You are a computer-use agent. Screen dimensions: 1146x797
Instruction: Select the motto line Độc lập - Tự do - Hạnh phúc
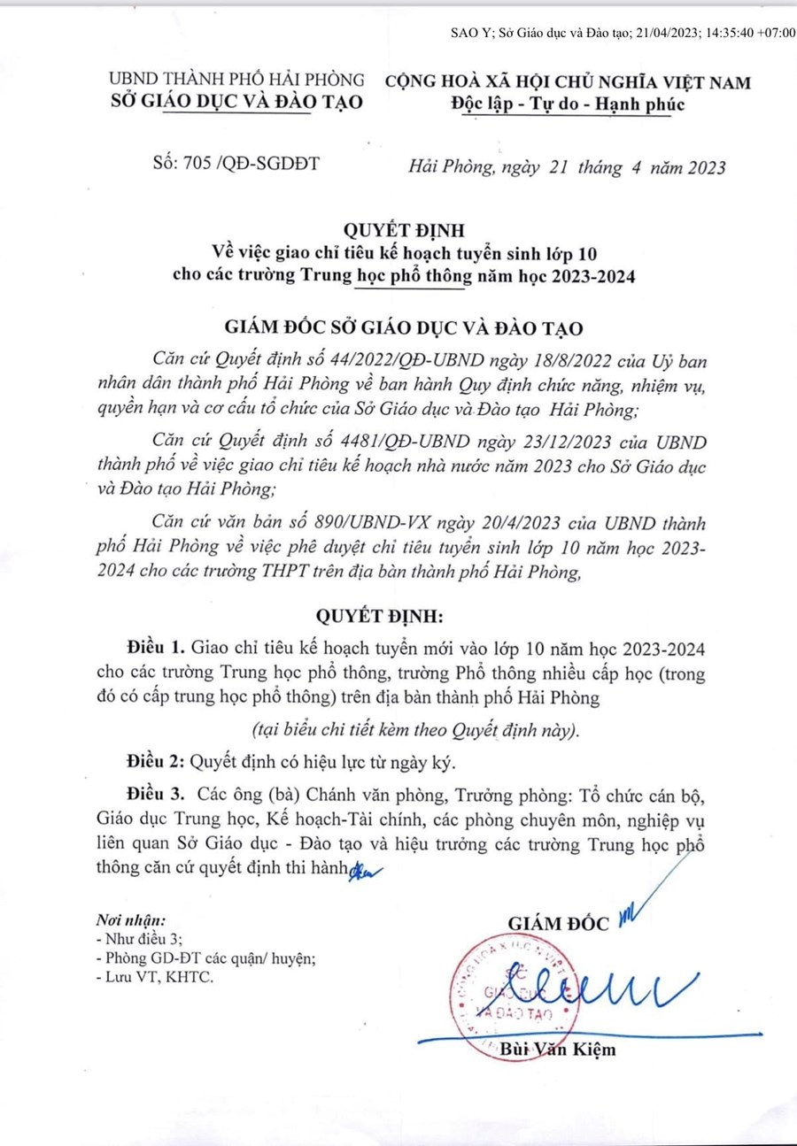(568, 104)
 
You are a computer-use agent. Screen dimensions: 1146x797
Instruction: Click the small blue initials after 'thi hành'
(360, 870)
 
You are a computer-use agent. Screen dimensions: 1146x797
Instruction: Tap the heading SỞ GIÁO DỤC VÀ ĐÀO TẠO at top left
(235, 103)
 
